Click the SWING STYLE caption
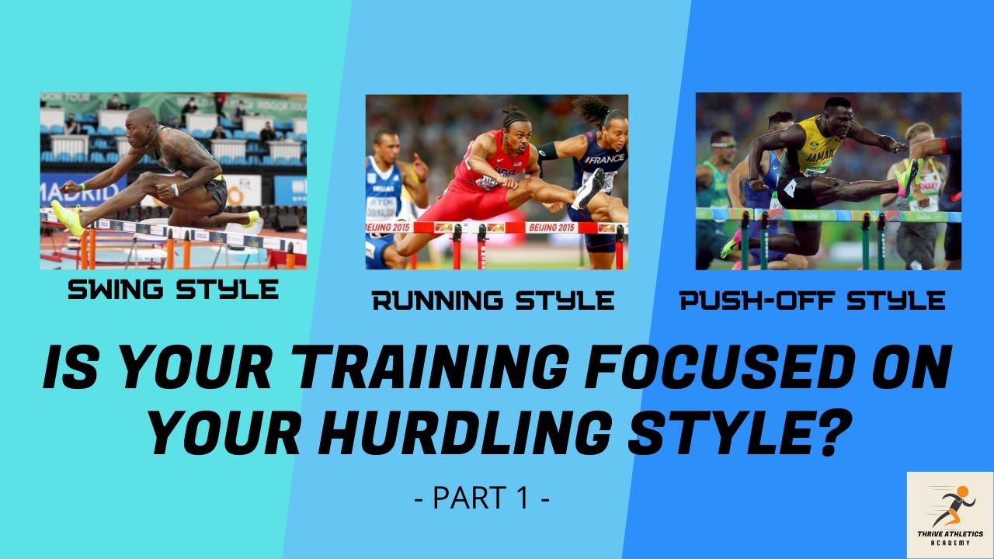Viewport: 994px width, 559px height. point(173,290)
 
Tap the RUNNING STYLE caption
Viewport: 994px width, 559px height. point(493,300)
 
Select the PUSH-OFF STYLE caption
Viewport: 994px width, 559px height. point(812,300)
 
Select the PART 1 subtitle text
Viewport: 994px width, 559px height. point(482,498)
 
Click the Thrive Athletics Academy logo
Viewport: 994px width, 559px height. point(950,515)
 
